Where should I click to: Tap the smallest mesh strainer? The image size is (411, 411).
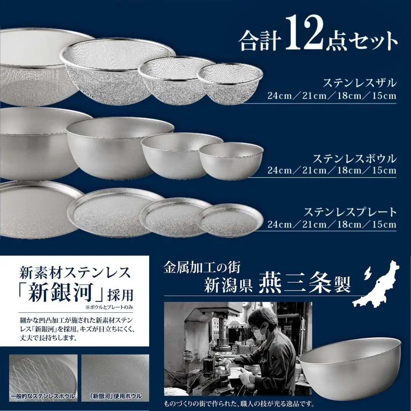coord(230,84)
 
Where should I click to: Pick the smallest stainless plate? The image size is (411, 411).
coord(230,220)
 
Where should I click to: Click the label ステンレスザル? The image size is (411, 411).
coord(360,83)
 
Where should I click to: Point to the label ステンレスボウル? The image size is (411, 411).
coord(354,158)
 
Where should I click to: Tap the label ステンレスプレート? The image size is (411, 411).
coord(350,212)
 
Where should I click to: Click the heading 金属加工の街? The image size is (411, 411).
coord(202,267)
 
